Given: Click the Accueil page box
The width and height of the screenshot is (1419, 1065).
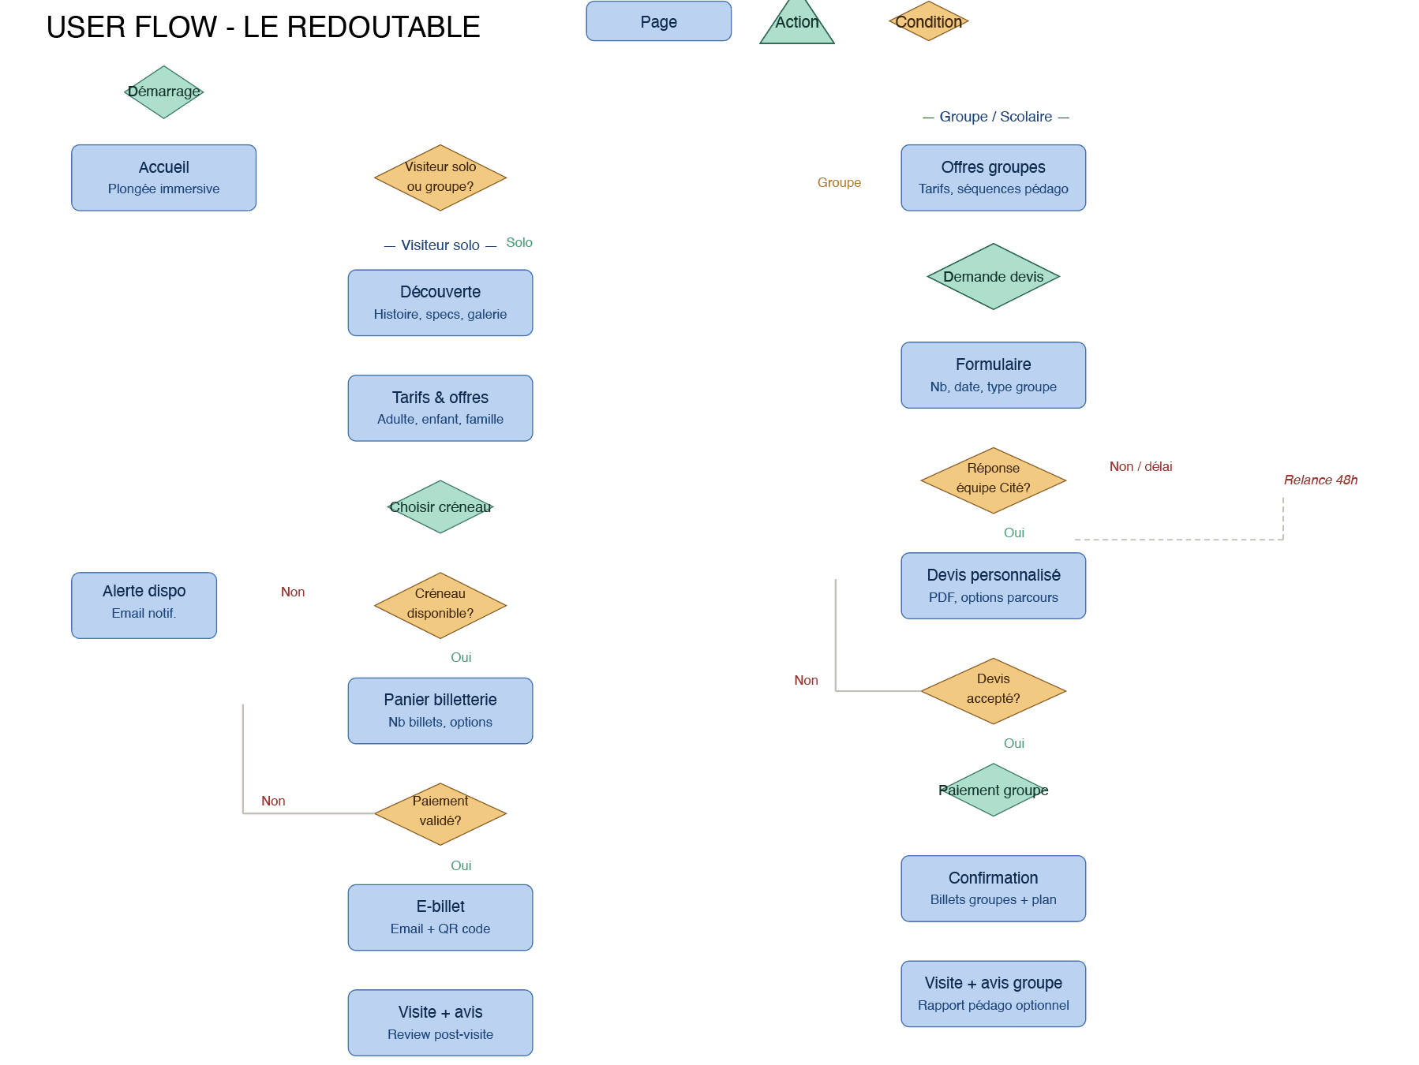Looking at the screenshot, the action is tap(163, 177).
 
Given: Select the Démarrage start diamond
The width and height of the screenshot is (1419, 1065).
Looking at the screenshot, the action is tap(163, 92).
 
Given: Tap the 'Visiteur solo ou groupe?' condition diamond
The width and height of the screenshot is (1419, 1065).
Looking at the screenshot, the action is tap(440, 177).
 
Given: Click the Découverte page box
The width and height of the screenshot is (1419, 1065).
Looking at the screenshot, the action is tap(440, 303).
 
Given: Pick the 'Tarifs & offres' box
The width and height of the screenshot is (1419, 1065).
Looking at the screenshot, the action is tap(440, 408).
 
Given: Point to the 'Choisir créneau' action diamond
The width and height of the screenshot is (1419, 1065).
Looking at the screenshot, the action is tap(440, 506).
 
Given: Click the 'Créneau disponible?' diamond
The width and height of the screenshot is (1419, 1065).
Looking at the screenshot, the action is tap(440, 605).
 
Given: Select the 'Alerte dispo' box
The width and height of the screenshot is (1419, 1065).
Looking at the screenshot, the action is tap(144, 605).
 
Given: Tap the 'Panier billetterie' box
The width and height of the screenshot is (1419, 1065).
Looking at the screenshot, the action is tap(440, 710).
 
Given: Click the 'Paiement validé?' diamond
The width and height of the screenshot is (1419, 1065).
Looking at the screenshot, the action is tap(440, 813).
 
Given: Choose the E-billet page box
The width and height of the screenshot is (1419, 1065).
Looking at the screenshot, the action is tap(440, 917).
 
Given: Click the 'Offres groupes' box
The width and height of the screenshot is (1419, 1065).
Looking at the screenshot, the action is tap(993, 177).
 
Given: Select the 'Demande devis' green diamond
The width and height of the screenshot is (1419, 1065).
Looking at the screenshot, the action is tap(993, 276).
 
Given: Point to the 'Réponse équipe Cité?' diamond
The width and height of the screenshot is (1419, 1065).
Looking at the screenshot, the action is tap(993, 480).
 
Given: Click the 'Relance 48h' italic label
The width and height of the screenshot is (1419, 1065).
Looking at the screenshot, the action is tap(1320, 480).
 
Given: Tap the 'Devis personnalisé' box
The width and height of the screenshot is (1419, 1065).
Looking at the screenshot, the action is tap(993, 585).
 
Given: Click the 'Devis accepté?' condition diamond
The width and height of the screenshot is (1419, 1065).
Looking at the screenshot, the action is tap(993, 690).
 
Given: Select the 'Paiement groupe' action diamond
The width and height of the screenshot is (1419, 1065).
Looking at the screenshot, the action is tap(993, 790).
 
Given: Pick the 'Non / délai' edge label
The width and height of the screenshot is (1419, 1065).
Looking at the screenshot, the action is tap(1140, 466).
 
